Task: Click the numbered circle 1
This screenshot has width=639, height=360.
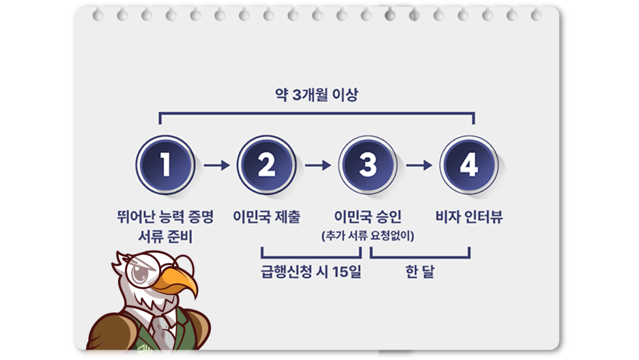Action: [165, 165]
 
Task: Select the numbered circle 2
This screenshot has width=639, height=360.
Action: [266, 165]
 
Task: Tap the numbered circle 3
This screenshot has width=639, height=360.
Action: [368, 165]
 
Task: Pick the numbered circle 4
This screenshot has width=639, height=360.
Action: [468, 165]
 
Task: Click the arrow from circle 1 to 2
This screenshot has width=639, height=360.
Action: [216, 165]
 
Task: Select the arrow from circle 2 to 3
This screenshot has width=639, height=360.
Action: [317, 165]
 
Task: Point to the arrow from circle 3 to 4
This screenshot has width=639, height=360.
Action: [418, 165]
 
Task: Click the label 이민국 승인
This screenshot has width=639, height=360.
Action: [368, 217]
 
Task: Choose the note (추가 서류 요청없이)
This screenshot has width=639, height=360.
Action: [368, 236]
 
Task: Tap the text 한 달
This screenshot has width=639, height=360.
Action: [419, 272]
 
